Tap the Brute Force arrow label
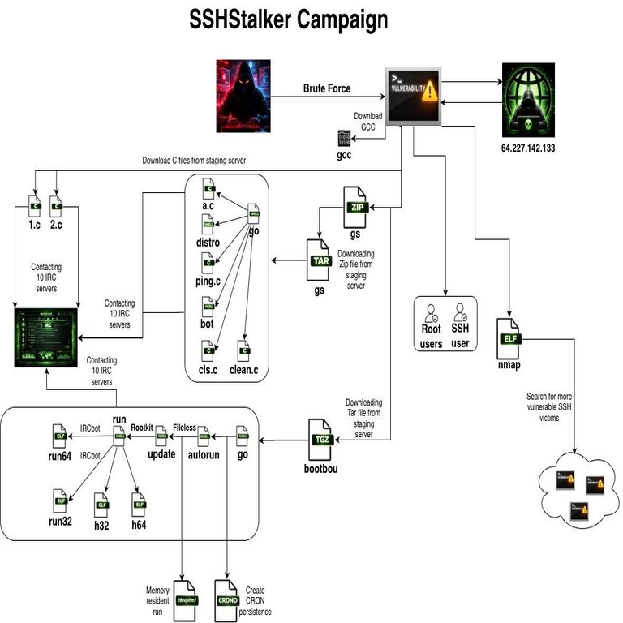point(327,88)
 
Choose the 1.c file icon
point(33,204)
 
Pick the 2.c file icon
point(57,204)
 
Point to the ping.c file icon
point(208,263)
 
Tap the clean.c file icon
point(243,352)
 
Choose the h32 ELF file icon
point(102,505)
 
